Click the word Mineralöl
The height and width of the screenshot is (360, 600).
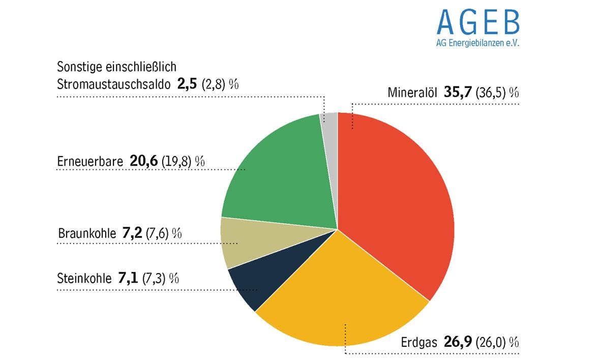tap(412, 93)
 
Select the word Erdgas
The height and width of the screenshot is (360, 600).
tap(419, 342)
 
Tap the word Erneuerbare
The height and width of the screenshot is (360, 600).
tap(90, 161)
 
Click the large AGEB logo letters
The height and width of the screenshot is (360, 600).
tap(478, 22)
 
